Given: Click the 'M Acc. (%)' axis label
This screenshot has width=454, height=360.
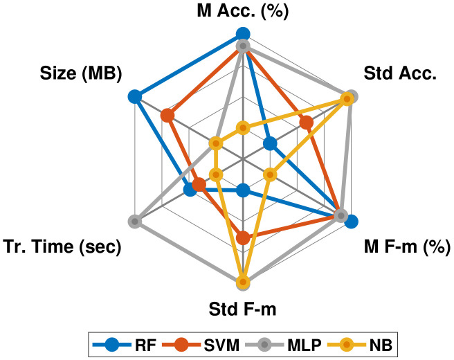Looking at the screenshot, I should click(x=242, y=11).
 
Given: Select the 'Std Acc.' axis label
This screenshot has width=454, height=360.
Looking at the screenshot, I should click(x=399, y=73).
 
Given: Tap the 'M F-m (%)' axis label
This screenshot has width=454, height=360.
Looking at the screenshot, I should click(x=407, y=246).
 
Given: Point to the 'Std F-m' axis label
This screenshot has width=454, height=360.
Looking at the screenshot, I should click(x=242, y=309).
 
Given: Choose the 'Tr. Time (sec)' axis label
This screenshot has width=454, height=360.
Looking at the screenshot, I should click(x=62, y=246).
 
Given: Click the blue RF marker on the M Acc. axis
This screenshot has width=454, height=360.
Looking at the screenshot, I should click(x=242, y=33).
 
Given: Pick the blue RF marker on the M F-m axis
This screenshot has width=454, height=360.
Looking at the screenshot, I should click(x=351, y=222).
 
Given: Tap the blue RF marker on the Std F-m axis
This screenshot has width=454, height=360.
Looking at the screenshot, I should click(x=242, y=190).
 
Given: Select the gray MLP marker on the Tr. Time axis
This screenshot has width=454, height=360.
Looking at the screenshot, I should click(x=134, y=222).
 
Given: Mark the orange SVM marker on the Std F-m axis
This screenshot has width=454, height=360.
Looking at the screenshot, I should click(x=242, y=238).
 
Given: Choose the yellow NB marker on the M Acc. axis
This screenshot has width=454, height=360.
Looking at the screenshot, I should click(x=242, y=127).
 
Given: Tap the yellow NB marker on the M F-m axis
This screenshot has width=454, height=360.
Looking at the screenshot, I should click(x=270, y=175).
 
